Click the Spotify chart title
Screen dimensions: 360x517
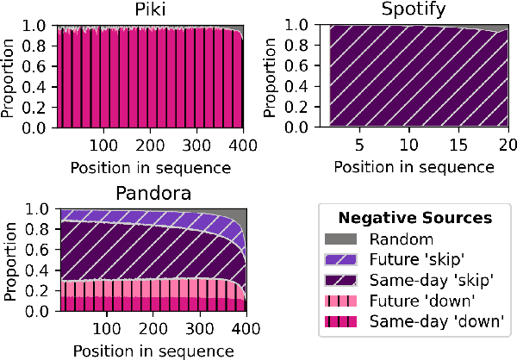tap(418, 9)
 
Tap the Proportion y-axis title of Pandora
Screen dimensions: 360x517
tap(11, 260)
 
